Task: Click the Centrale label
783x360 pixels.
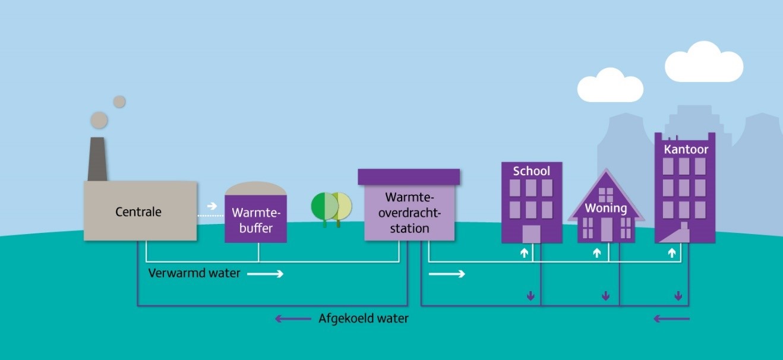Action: click(x=138, y=211)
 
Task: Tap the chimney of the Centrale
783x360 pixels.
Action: click(x=97, y=159)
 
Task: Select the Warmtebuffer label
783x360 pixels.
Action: click(x=255, y=220)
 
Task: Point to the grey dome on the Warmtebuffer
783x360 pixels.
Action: click(x=255, y=188)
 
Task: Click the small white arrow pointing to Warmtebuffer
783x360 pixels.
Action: click(x=212, y=206)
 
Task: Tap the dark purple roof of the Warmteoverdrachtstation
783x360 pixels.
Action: click(x=409, y=176)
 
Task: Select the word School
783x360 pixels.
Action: click(x=531, y=171)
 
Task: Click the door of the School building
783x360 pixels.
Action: click(x=531, y=233)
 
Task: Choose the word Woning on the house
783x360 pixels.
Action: click(x=606, y=208)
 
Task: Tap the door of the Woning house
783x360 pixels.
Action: click(x=606, y=229)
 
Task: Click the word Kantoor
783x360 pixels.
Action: click(x=686, y=150)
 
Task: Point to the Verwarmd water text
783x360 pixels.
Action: click(x=194, y=274)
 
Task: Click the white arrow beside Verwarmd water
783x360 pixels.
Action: click(x=265, y=274)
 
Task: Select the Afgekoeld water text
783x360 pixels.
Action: click(x=364, y=318)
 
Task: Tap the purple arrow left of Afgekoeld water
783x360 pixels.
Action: click(x=292, y=318)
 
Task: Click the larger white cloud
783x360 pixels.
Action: click(x=704, y=63)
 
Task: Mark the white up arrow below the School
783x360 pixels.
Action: click(x=524, y=253)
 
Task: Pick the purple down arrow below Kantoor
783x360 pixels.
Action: click(x=678, y=295)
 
